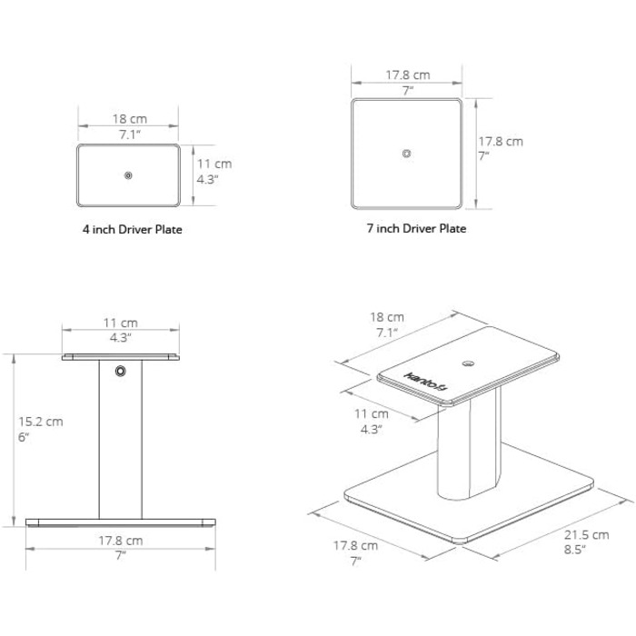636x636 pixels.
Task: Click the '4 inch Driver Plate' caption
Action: pyautogui.click(x=133, y=230)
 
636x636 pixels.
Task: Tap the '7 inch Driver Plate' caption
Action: pyautogui.click(x=416, y=228)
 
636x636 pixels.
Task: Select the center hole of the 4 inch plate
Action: pyautogui.click(x=128, y=175)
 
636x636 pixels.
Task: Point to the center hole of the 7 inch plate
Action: pyautogui.click(x=406, y=154)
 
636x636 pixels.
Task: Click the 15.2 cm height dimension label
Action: pyautogui.click(x=41, y=422)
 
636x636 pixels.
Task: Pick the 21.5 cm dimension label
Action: pyautogui.click(x=587, y=535)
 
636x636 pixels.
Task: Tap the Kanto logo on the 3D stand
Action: pyautogui.click(x=425, y=382)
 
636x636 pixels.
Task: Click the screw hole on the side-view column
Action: pyautogui.click(x=121, y=371)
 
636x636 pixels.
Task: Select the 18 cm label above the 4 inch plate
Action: pyautogui.click(x=129, y=119)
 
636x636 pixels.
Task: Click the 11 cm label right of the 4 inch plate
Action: pyautogui.click(x=214, y=164)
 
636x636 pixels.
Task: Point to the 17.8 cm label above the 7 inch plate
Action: pyautogui.click(x=407, y=75)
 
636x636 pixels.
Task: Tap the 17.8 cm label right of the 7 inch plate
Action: pyautogui.click(x=501, y=142)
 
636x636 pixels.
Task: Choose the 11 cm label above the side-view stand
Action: pyautogui.click(x=121, y=323)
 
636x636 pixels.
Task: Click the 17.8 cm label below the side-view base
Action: pyautogui.click(x=121, y=541)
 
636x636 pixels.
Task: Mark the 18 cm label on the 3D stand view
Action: pyautogui.click(x=386, y=317)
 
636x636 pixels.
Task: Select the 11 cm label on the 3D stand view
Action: pyautogui.click(x=371, y=413)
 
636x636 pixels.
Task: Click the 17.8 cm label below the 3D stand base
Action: pyautogui.click(x=355, y=545)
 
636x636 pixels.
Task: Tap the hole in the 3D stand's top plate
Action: pyautogui.click(x=469, y=363)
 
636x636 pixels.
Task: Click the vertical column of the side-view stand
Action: pyautogui.click(x=121, y=439)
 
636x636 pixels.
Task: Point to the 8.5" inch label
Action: pyautogui.click(x=575, y=550)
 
